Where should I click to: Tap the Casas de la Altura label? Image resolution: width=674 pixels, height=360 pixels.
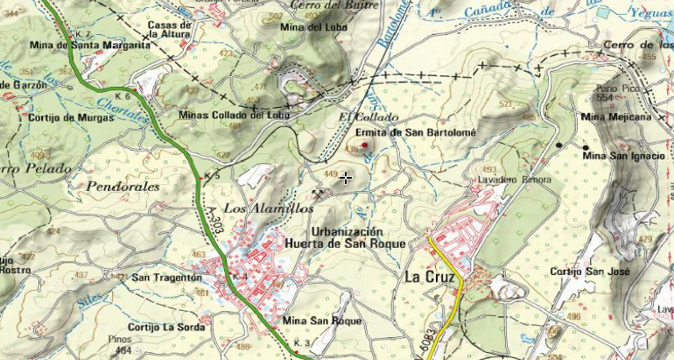tap(170, 30)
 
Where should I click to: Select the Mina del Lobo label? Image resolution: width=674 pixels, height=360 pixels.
tap(312, 27)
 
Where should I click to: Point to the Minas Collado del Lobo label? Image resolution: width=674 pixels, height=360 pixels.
tap(233, 115)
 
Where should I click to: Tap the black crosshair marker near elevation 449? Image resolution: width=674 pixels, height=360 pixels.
tap(347, 178)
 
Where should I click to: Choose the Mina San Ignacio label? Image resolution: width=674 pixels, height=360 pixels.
tap(624, 156)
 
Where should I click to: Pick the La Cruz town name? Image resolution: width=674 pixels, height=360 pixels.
tap(430, 276)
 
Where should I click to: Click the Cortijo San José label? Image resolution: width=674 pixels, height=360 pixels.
tap(590, 272)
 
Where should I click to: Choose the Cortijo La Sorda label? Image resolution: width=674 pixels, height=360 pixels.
tap(165, 327)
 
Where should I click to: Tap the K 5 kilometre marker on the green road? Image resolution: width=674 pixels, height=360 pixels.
tap(211, 176)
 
